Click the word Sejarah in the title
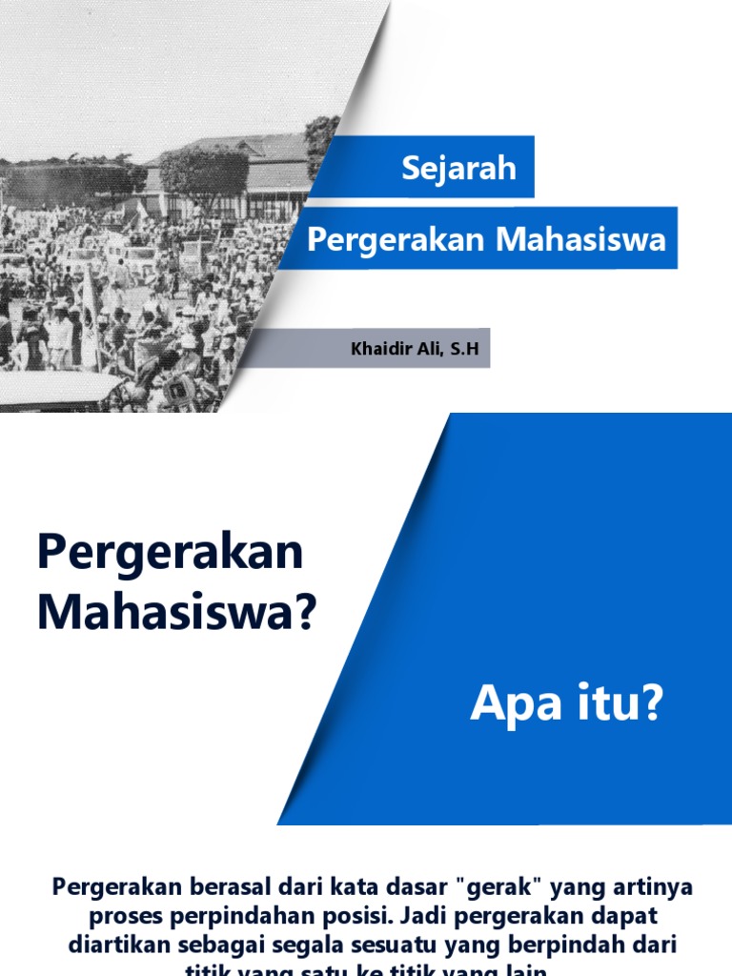(x=458, y=168)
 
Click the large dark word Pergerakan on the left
(x=170, y=554)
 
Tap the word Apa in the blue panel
(x=513, y=708)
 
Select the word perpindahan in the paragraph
(x=231, y=917)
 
